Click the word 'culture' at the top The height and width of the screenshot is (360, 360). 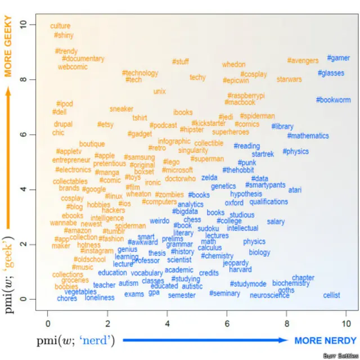click(60, 26)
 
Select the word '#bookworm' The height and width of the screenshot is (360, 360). click(333, 100)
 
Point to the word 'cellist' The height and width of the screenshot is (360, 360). click(331, 295)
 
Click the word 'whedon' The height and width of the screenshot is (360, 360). click(233, 65)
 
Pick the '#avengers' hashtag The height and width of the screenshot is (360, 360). click(303, 60)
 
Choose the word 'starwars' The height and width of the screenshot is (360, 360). click(289, 80)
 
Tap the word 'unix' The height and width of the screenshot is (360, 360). click(159, 92)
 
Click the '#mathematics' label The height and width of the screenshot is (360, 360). click(308, 136)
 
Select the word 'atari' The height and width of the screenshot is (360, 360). click(295, 190)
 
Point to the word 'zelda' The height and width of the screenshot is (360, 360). click(209, 178)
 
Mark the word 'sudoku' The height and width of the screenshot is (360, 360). click(208, 229)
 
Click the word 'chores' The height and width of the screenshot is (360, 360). click(67, 299)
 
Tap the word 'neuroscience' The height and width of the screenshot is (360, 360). click(269, 295)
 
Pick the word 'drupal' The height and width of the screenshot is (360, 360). click(63, 124)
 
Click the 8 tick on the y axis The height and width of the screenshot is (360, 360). click(23, 79)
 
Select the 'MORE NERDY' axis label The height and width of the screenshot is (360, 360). click(325, 341)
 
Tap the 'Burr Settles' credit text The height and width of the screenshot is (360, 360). click(339, 355)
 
